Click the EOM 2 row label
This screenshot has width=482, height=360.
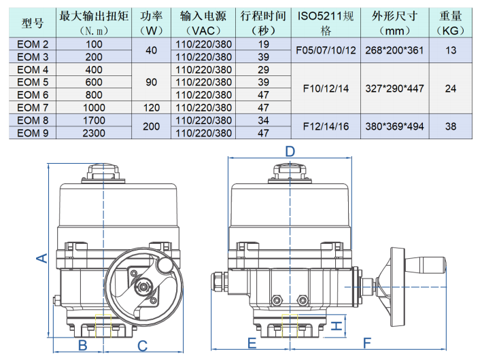click(33, 44)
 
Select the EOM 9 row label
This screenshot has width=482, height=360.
click(33, 133)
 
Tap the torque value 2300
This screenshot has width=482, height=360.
click(94, 133)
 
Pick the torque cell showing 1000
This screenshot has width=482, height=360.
click(94, 107)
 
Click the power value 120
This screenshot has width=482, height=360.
click(150, 107)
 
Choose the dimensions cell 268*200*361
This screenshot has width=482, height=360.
click(390, 50)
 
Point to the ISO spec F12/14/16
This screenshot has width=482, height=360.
click(324, 126)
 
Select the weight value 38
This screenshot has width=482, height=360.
click(449, 126)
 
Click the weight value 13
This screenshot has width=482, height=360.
click(449, 50)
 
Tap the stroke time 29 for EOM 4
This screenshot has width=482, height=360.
click(264, 70)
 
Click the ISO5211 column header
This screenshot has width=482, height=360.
click(324, 23)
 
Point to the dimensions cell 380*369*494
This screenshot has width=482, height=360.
click(390, 126)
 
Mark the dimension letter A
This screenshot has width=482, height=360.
click(41, 257)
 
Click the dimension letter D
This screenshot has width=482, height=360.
click(290, 151)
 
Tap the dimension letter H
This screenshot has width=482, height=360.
click(335, 327)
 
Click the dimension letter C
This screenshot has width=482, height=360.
click(142, 345)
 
